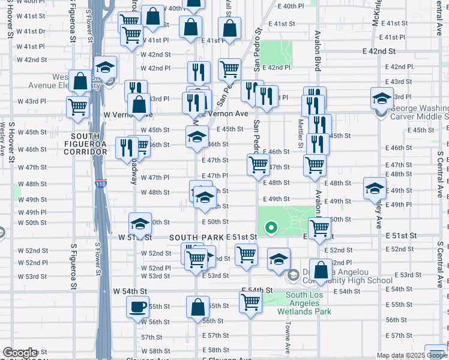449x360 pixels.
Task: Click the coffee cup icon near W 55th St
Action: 137,308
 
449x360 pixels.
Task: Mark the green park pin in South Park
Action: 271,227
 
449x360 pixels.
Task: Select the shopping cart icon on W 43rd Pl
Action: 78,107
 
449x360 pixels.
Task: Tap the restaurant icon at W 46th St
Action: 127,147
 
